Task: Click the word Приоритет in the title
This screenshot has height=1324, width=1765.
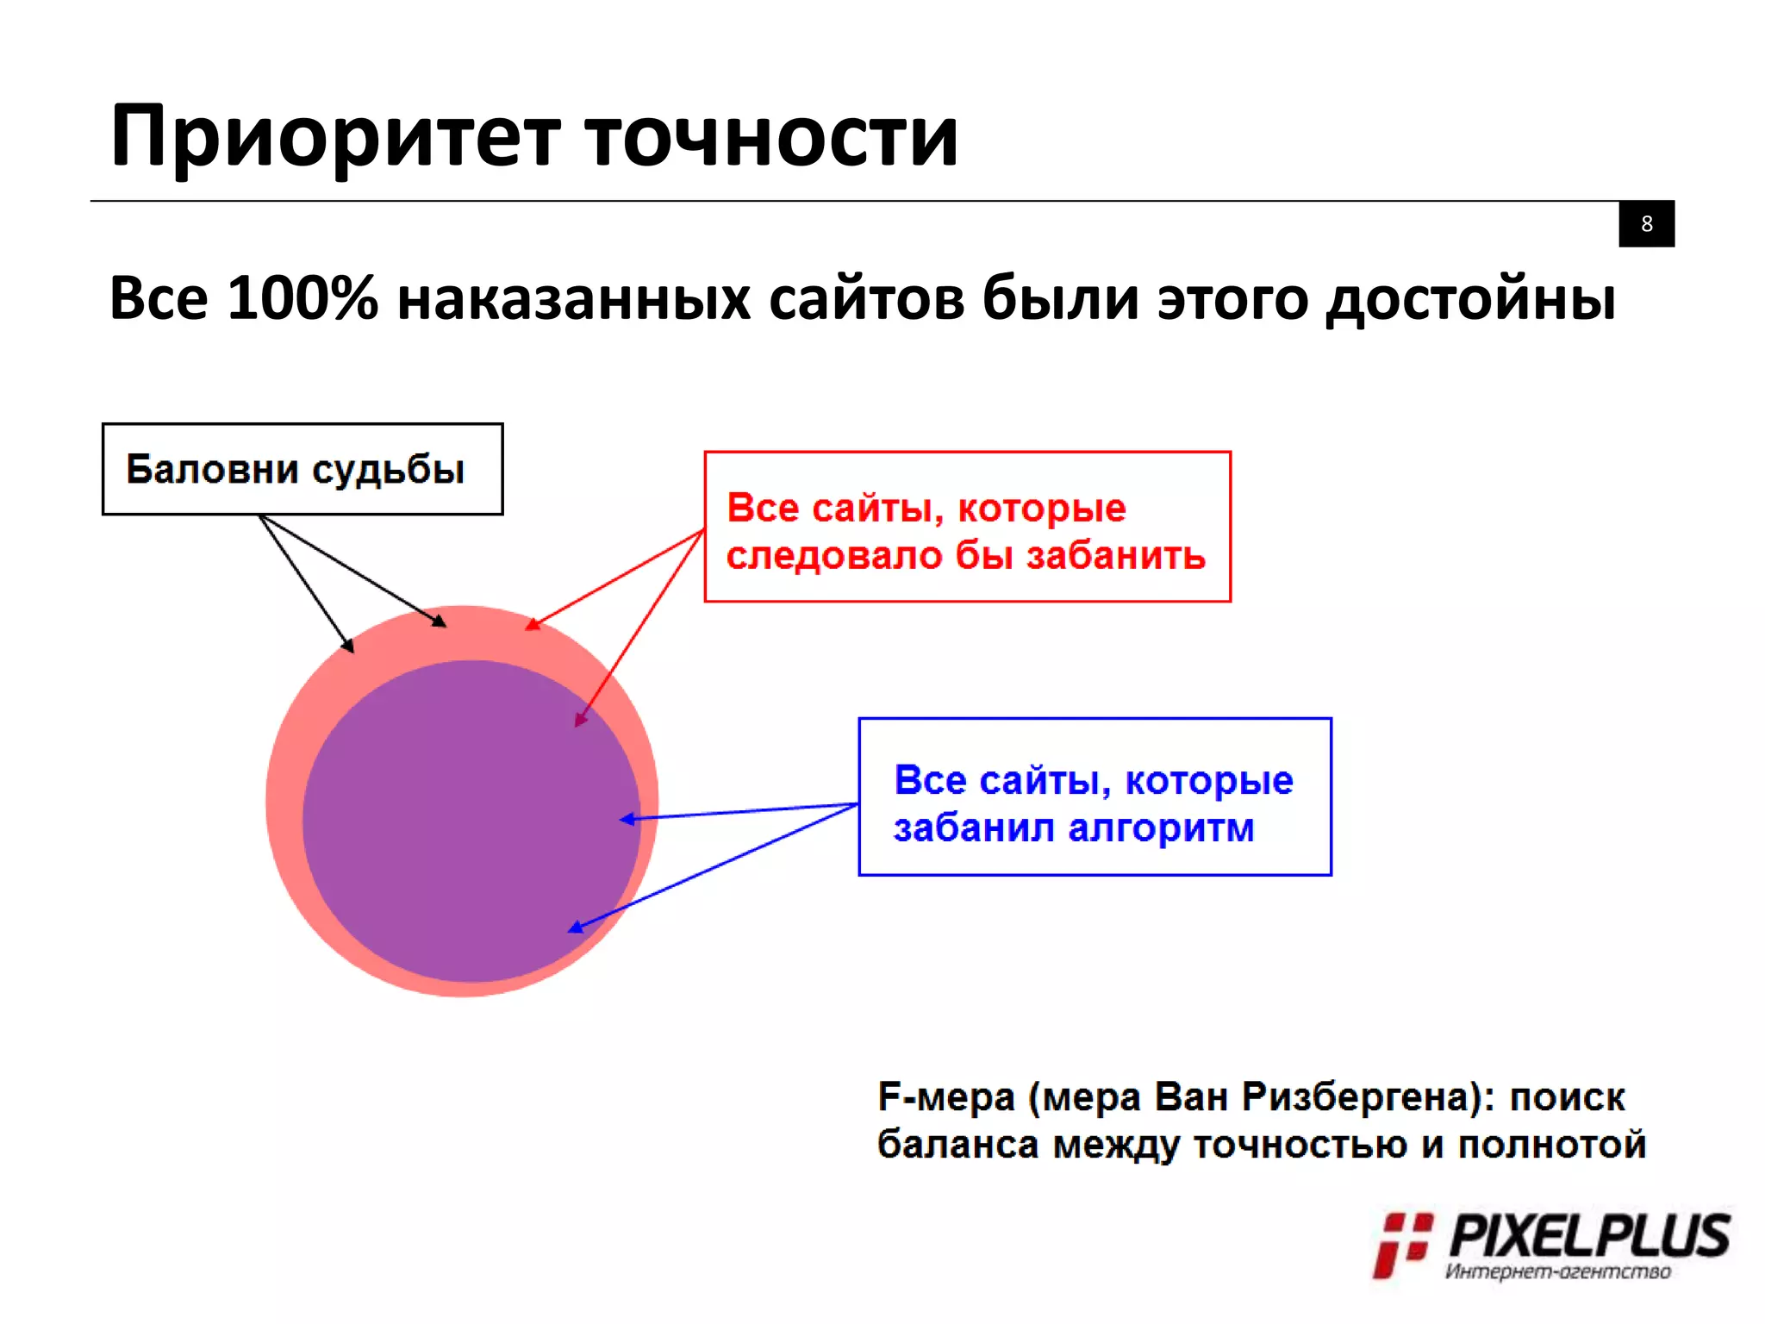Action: pos(336,138)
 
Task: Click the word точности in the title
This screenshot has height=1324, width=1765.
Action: pos(771,138)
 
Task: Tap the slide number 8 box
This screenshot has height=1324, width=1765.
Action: pos(1646,224)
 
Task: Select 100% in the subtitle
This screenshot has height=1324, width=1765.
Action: pos(302,298)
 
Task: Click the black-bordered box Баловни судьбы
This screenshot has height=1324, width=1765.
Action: pos(302,469)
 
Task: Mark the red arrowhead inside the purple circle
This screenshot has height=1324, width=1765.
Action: pos(580,719)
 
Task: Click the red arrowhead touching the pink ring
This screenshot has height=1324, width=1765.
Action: pos(533,624)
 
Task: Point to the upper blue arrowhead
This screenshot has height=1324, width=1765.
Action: pos(627,819)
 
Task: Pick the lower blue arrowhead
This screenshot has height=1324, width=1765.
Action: pos(575,927)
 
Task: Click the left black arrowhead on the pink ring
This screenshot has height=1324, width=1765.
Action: pos(348,645)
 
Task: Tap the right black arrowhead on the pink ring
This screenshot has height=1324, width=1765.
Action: pos(440,621)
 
